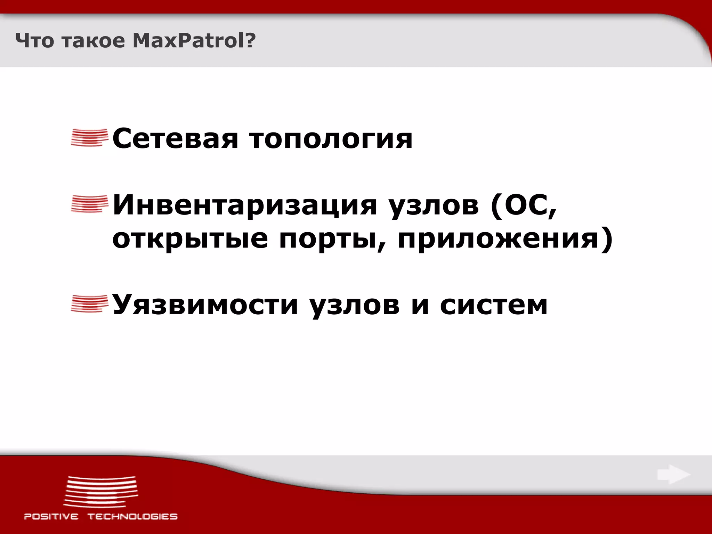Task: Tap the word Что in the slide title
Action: pyautogui.click(x=35, y=41)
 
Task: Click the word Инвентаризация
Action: pyautogui.click(x=245, y=205)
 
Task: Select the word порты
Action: pyautogui.click(x=332, y=240)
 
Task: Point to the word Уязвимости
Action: pyautogui.click(x=205, y=305)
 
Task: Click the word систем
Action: pyautogui.click(x=494, y=305)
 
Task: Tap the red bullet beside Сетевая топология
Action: pyautogui.click(x=89, y=138)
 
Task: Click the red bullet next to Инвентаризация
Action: pyautogui.click(x=89, y=204)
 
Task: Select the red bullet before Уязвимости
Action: pyautogui.click(x=89, y=304)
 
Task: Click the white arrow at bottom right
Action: pyautogui.click(x=673, y=475)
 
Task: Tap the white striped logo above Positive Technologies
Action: pyautogui.click(x=101, y=492)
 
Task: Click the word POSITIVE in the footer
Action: pyautogui.click(x=51, y=517)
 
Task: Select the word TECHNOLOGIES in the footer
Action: pyautogui.click(x=132, y=517)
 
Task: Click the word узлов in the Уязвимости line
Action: pyautogui.click(x=354, y=305)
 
